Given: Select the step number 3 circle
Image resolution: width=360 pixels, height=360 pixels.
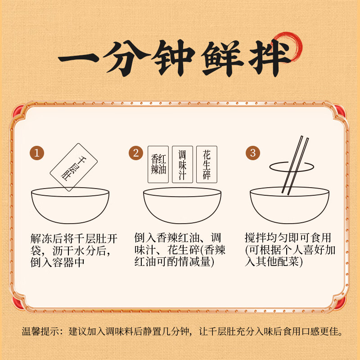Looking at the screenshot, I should [252, 153].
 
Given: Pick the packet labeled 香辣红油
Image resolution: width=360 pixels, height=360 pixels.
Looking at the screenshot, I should [158, 164].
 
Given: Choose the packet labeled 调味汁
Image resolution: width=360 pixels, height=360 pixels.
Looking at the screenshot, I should [182, 164].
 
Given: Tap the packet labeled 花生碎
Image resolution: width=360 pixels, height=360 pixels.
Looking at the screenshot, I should [207, 164].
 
